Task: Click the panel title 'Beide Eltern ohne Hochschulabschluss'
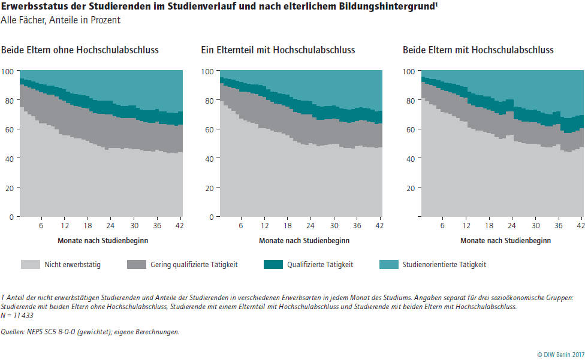(x=80, y=50)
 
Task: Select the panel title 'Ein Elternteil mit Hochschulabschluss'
(x=278, y=50)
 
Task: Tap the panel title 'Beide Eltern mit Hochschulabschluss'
(x=478, y=50)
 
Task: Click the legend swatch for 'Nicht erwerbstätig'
(x=30, y=264)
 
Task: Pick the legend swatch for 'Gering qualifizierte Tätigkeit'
(x=136, y=264)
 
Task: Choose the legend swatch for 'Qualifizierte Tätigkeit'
(x=273, y=264)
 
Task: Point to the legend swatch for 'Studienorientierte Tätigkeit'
(x=388, y=264)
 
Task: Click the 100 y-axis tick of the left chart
(x=8, y=71)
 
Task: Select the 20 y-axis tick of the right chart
(x=410, y=187)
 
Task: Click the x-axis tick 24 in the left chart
(x=110, y=226)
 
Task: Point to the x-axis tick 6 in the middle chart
(x=241, y=226)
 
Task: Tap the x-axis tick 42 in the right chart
(x=580, y=226)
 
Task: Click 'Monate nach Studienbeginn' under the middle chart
(x=304, y=240)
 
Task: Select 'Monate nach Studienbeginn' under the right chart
(x=505, y=240)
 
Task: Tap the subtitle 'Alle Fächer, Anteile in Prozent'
(x=61, y=20)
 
